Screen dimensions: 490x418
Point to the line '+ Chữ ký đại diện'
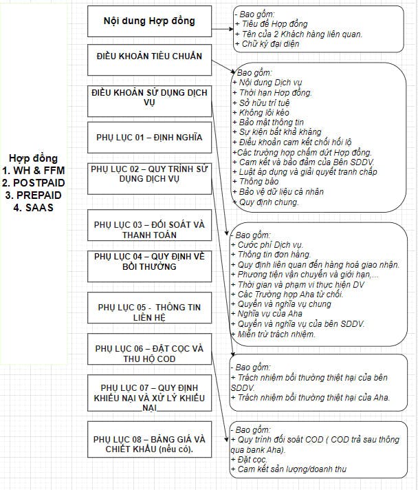point(269,45)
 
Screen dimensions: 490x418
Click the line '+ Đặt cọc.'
point(252,458)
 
